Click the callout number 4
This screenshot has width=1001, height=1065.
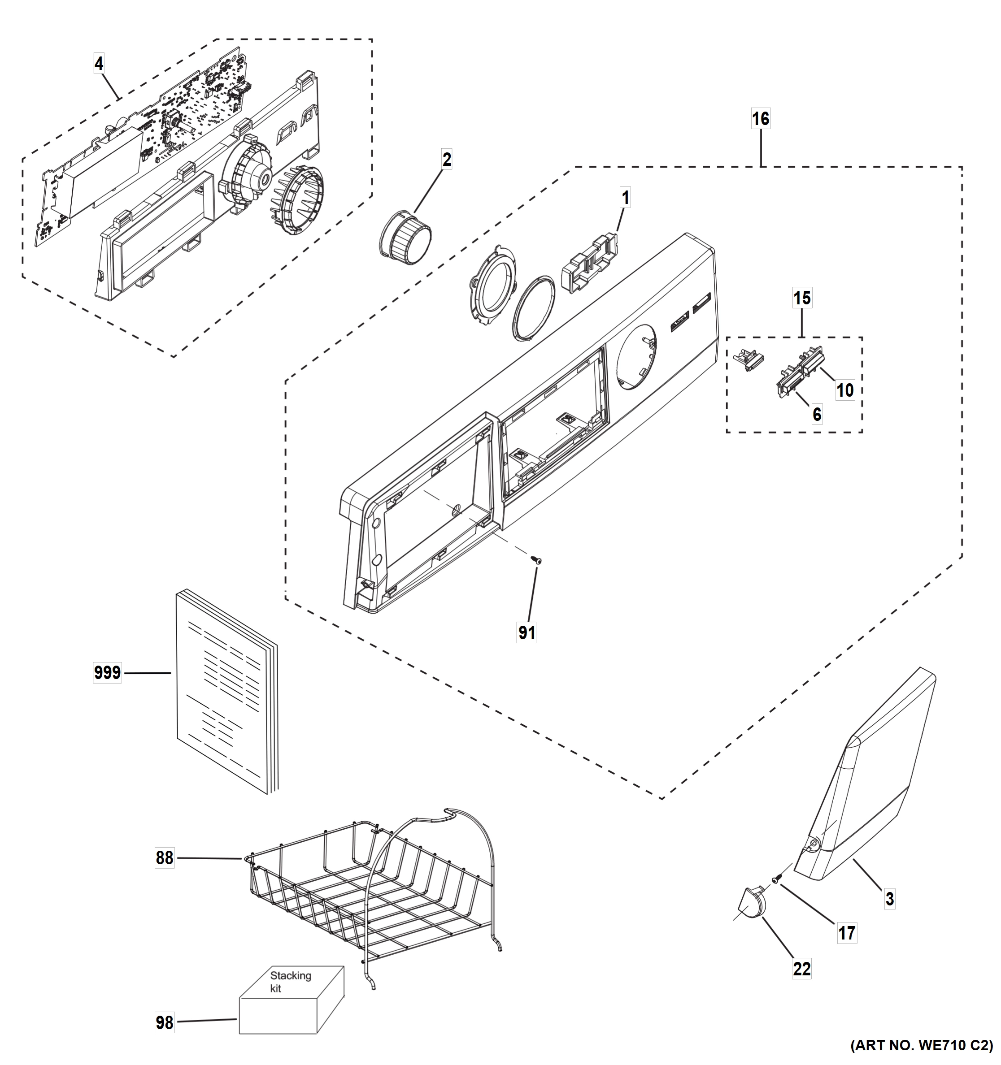(x=99, y=64)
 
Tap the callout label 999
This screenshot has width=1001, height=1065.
(x=107, y=672)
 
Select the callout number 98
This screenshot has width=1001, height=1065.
(x=165, y=1023)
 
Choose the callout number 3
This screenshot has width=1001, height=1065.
(x=889, y=898)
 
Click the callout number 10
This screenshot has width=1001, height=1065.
(x=845, y=390)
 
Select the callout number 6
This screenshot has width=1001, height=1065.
(x=817, y=414)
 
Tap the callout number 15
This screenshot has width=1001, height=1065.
(x=802, y=298)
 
